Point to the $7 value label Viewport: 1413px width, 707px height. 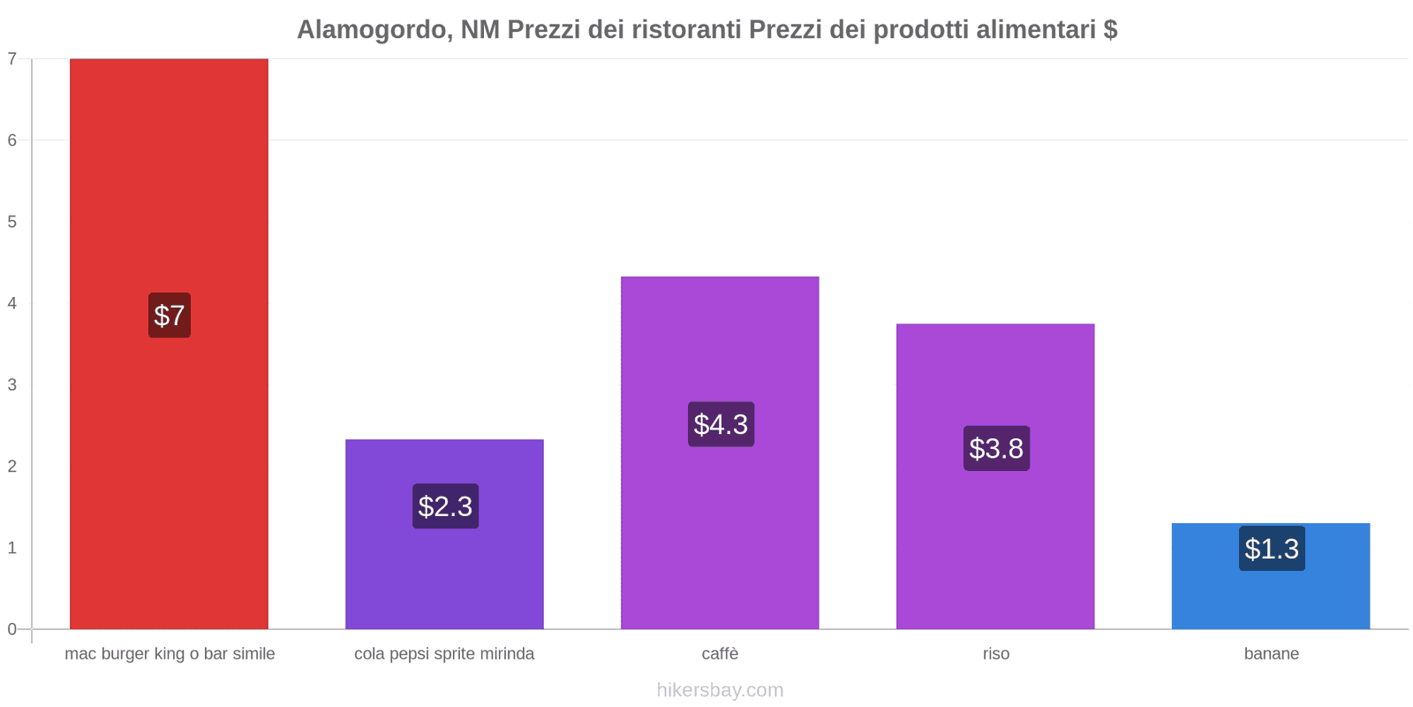[x=169, y=315]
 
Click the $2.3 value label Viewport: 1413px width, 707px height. [x=445, y=506]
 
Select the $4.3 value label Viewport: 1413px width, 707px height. [x=721, y=424]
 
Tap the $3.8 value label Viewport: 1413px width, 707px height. [x=996, y=448]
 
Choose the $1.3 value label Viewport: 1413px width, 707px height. [x=1272, y=549]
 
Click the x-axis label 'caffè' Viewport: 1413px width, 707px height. [x=720, y=654]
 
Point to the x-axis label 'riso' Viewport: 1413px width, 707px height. [x=995, y=654]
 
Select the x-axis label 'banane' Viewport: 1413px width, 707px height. [x=1271, y=654]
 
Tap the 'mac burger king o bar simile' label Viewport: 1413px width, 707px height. [x=170, y=654]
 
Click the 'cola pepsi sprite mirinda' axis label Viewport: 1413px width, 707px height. [x=444, y=654]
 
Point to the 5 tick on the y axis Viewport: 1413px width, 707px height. [x=12, y=222]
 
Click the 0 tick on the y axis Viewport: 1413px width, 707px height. [x=12, y=629]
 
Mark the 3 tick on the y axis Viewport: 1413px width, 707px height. [x=12, y=384]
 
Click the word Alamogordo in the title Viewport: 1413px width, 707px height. [x=371, y=30]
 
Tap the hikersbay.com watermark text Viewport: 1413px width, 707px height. [x=720, y=690]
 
